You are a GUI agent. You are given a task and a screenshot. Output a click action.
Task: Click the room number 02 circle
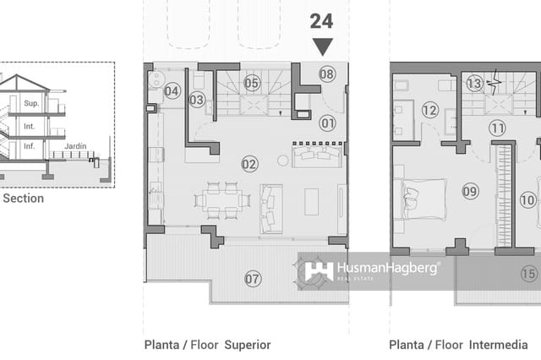pos(249,164)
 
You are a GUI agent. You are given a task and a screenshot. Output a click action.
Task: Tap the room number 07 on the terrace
pos(253,278)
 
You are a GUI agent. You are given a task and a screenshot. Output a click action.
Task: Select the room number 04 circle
pos(172,91)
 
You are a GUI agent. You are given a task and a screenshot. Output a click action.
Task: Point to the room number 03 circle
pos(197,100)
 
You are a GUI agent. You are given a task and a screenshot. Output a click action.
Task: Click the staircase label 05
pos(251,83)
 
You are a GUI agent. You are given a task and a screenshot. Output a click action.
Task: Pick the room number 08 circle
pos(327,74)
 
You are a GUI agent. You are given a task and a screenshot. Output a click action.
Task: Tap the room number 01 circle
pos(327,123)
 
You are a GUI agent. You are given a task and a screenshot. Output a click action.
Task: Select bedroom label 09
pos(470,192)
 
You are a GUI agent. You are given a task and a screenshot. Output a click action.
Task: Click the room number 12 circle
pos(429,110)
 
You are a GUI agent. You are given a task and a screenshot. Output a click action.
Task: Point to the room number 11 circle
pos(497,128)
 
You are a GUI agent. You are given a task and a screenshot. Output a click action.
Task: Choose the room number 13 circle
pos(474,83)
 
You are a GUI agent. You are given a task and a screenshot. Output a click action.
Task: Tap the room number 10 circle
pos(528,200)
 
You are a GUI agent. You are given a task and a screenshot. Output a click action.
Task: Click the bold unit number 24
pos(321,20)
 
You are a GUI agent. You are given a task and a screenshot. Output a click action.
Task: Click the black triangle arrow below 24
pos(322,46)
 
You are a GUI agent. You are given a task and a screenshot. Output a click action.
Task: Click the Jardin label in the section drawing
pos(75,145)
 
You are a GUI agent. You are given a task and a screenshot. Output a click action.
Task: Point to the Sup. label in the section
pos(31,103)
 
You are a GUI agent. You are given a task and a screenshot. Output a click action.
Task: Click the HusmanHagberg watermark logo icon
pos(319,270)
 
